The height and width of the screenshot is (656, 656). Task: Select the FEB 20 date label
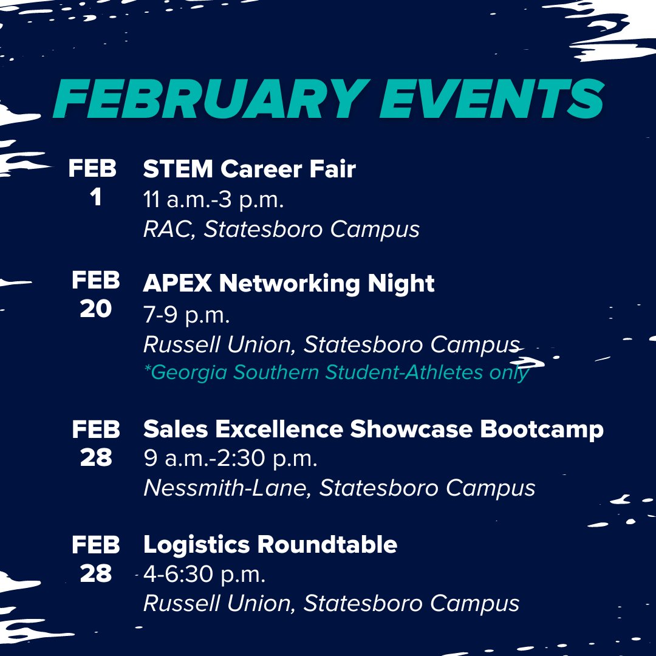click(95, 295)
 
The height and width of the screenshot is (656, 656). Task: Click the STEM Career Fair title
click(249, 169)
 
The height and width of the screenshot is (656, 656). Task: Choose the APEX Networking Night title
click(289, 283)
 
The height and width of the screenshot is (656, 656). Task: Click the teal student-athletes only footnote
click(336, 372)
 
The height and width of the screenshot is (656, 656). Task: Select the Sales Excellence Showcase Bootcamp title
click(373, 429)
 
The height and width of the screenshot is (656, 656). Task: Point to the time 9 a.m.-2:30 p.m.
click(230, 459)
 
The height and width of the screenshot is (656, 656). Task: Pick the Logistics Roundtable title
click(270, 544)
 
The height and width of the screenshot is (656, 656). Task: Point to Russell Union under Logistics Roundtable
click(219, 603)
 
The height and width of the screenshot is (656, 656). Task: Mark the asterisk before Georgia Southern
click(147, 368)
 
